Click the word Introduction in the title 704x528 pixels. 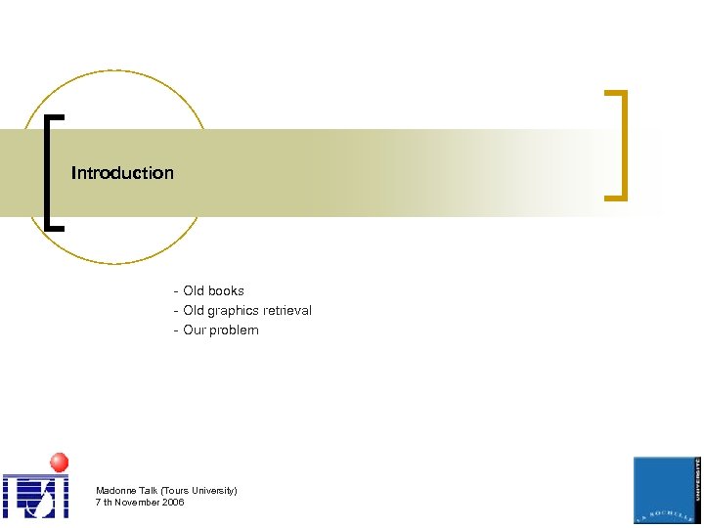[x=122, y=173]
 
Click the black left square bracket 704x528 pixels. [x=49, y=172]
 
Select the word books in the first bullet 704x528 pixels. [x=225, y=290]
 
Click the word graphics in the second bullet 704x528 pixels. [x=234, y=310]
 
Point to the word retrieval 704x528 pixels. [x=287, y=310]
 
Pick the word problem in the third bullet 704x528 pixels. [x=236, y=330]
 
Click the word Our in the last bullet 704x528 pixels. [x=195, y=330]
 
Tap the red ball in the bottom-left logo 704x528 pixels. [x=60, y=462]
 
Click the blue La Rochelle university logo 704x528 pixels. [x=667, y=490]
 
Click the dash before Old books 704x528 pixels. [x=175, y=291]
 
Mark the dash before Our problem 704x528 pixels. [x=175, y=330]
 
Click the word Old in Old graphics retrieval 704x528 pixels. [x=194, y=310]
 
